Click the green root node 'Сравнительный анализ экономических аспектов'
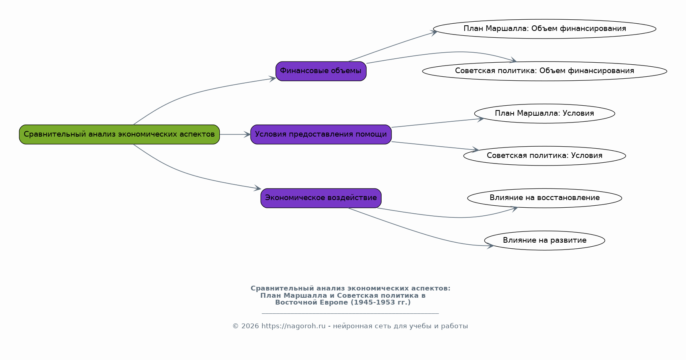pyautogui.click(x=119, y=135)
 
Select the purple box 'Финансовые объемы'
pyautogui.click(x=321, y=71)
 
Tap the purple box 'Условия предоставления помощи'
pyautogui.click(x=321, y=135)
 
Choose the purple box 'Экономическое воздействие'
pyautogui.click(x=321, y=198)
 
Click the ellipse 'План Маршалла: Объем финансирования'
pyautogui.click(x=545, y=29)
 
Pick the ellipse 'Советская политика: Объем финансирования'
pyautogui.click(x=545, y=71)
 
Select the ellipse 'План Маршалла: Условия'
pyautogui.click(x=545, y=113)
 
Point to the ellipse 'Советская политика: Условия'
pyautogui.click(x=545, y=155)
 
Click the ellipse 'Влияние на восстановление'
pyautogui.click(x=545, y=198)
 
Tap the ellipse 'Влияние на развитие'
pyautogui.click(x=545, y=241)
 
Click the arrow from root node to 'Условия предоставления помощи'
pyautogui.click(x=235, y=135)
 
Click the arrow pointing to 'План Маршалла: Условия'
pyautogui.click(x=438, y=123)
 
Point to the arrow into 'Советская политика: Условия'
pyautogui.click(x=435, y=146)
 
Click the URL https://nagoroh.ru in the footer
pyautogui.click(x=293, y=326)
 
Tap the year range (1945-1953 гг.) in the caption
pyautogui.click(x=381, y=303)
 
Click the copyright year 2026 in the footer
pyautogui.click(x=250, y=326)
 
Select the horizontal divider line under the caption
pyautogui.click(x=350, y=313)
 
